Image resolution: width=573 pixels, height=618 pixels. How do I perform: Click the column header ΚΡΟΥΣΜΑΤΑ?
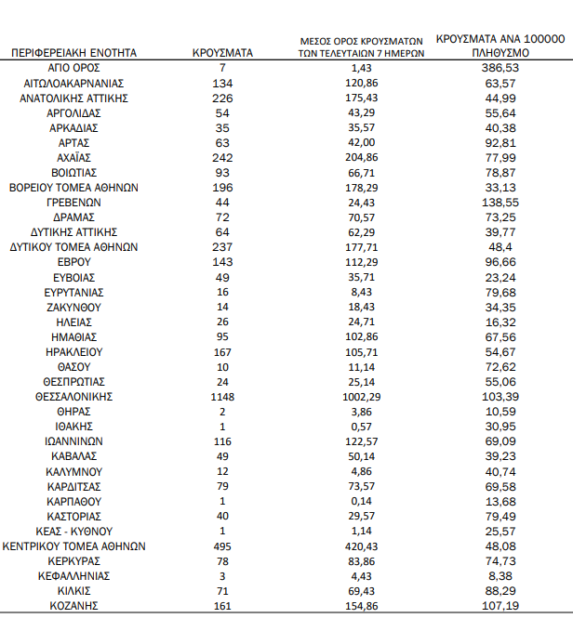[x=222, y=54]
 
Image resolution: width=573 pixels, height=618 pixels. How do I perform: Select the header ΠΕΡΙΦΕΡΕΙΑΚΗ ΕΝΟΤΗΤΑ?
[x=73, y=54]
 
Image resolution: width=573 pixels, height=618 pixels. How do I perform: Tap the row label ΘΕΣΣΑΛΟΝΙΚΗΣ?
[x=73, y=397]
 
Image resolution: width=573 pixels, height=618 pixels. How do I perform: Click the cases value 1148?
[x=222, y=397]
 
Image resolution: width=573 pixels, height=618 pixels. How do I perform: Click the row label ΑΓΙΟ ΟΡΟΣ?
[x=73, y=69]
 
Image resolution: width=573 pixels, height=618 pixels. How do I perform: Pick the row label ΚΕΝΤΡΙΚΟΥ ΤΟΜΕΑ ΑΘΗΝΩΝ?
[x=73, y=546]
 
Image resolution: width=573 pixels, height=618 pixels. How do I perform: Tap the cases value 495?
[x=222, y=546]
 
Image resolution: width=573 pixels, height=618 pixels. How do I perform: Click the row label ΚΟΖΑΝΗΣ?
[x=73, y=606]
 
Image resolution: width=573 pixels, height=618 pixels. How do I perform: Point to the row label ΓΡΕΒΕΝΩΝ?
[x=73, y=203]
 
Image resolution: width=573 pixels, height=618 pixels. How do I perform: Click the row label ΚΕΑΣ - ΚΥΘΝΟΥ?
[x=73, y=532]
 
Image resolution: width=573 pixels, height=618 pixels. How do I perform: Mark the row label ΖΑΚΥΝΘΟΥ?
[x=73, y=307]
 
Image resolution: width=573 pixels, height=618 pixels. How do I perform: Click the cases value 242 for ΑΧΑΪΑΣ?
[x=222, y=158]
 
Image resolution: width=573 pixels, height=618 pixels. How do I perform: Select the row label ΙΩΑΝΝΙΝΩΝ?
[x=73, y=441]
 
